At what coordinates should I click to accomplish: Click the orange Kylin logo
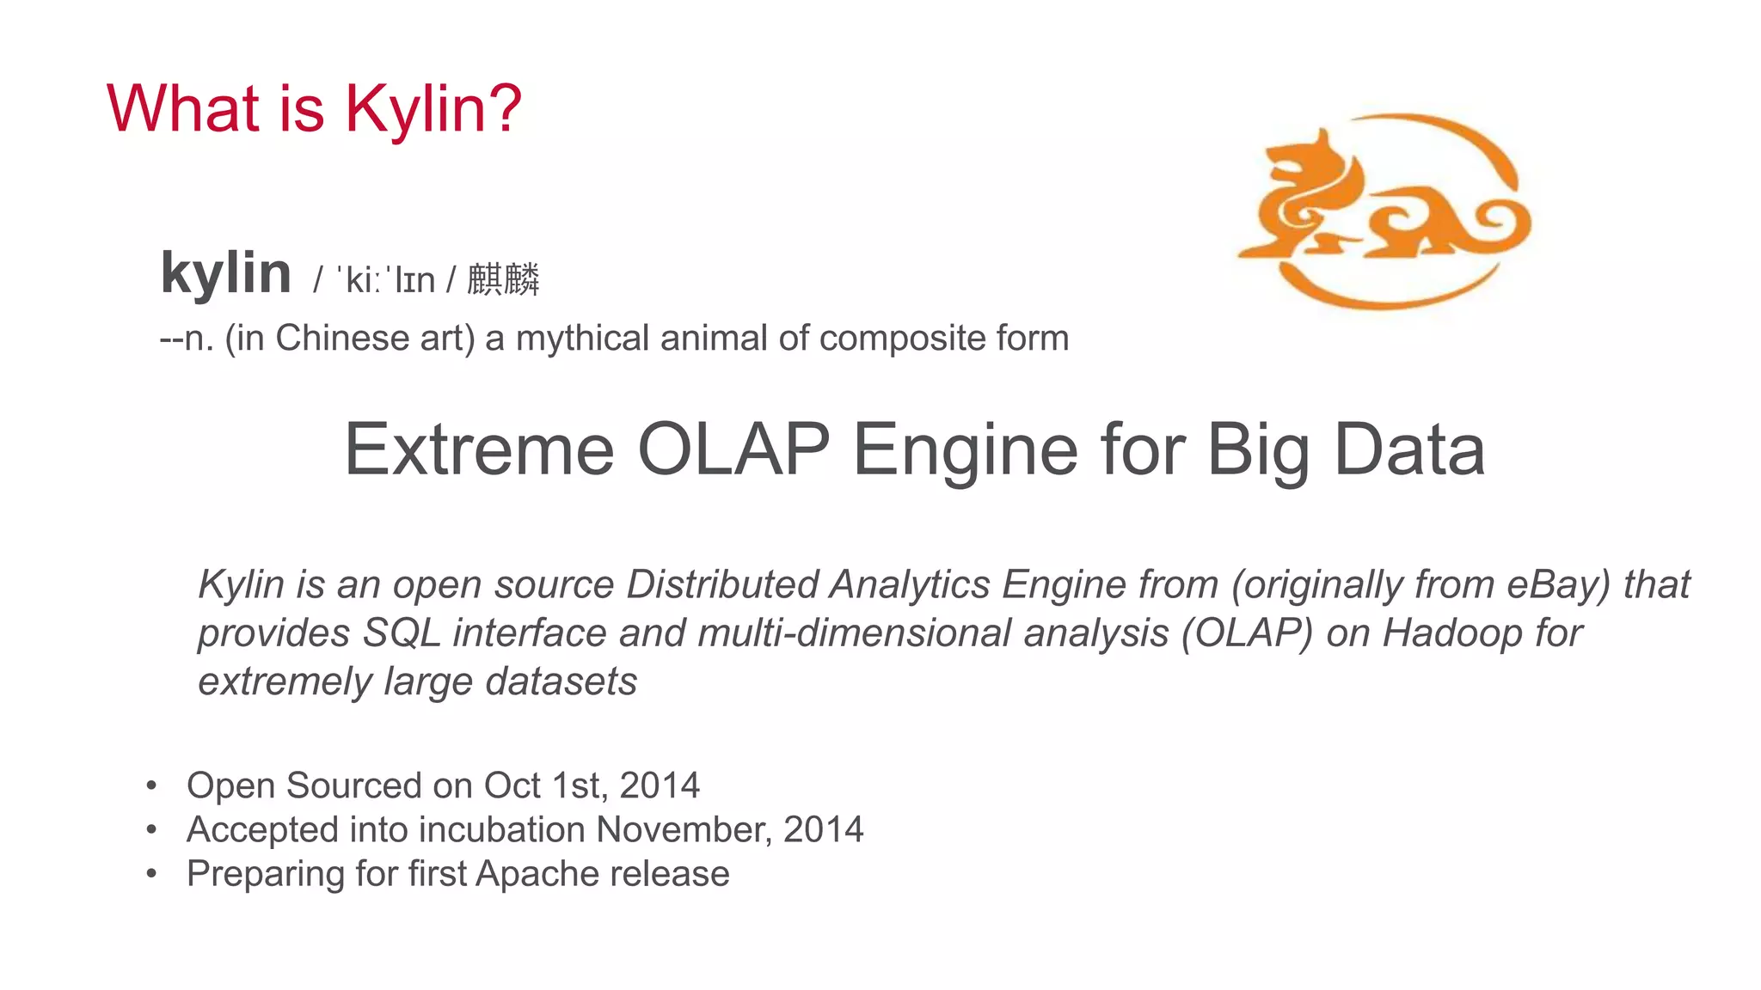tap(1383, 211)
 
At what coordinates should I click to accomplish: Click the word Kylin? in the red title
tap(433, 109)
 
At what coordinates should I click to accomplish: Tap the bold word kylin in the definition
tap(226, 273)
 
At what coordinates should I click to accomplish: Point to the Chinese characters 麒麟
tap(503, 279)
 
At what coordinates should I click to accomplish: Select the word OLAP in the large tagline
tap(733, 449)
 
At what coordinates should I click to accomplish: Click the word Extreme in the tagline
tap(479, 449)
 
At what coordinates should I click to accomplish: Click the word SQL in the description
tap(402, 633)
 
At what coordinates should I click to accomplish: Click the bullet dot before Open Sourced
tap(151, 785)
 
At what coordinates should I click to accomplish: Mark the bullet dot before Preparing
tap(151, 874)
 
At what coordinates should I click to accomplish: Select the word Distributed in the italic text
tap(722, 584)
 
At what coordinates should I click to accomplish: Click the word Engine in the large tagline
tap(964, 449)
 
